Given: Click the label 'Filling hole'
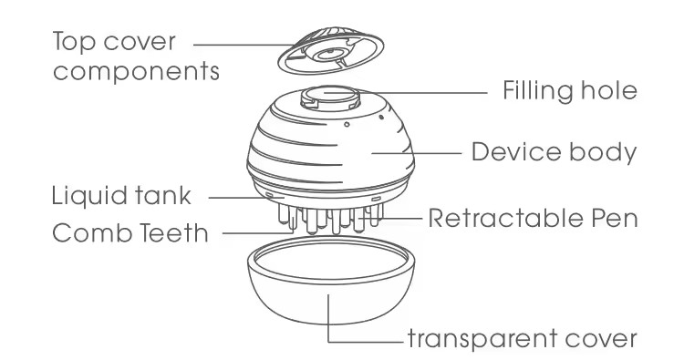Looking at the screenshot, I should pyautogui.click(x=569, y=92).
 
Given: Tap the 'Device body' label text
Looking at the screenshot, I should pyautogui.click(x=554, y=151).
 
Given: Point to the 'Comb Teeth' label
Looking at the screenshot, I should pyautogui.click(x=130, y=233).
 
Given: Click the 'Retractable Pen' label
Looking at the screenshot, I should pyautogui.click(x=532, y=219).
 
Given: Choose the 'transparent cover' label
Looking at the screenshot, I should pyautogui.click(x=521, y=340).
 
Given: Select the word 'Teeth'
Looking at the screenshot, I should pyautogui.click(x=177, y=233).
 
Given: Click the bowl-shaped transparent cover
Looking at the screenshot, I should pyautogui.click(x=327, y=292).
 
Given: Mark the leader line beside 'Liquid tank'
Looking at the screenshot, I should pyautogui.click(x=233, y=196).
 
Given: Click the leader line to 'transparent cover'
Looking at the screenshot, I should pyautogui.click(x=365, y=340).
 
